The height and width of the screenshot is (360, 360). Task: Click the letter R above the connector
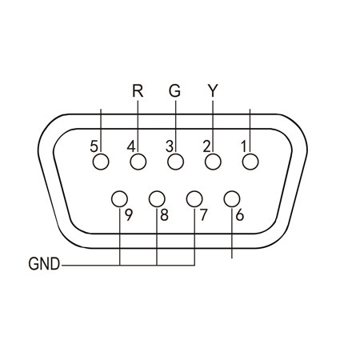click(x=138, y=90)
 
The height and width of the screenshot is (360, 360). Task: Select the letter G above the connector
click(x=174, y=90)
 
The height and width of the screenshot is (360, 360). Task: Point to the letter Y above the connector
click(x=213, y=90)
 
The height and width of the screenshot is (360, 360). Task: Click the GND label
click(x=44, y=264)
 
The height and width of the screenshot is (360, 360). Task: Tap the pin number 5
click(x=94, y=146)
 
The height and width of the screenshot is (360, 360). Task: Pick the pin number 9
click(x=129, y=215)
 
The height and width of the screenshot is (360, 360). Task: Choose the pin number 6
click(x=240, y=215)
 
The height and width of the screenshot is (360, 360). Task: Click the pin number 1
click(x=244, y=146)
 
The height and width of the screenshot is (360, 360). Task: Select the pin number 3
click(x=170, y=146)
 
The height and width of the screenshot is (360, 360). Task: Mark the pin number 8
click(x=165, y=215)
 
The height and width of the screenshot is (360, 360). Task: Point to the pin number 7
click(x=203, y=215)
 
